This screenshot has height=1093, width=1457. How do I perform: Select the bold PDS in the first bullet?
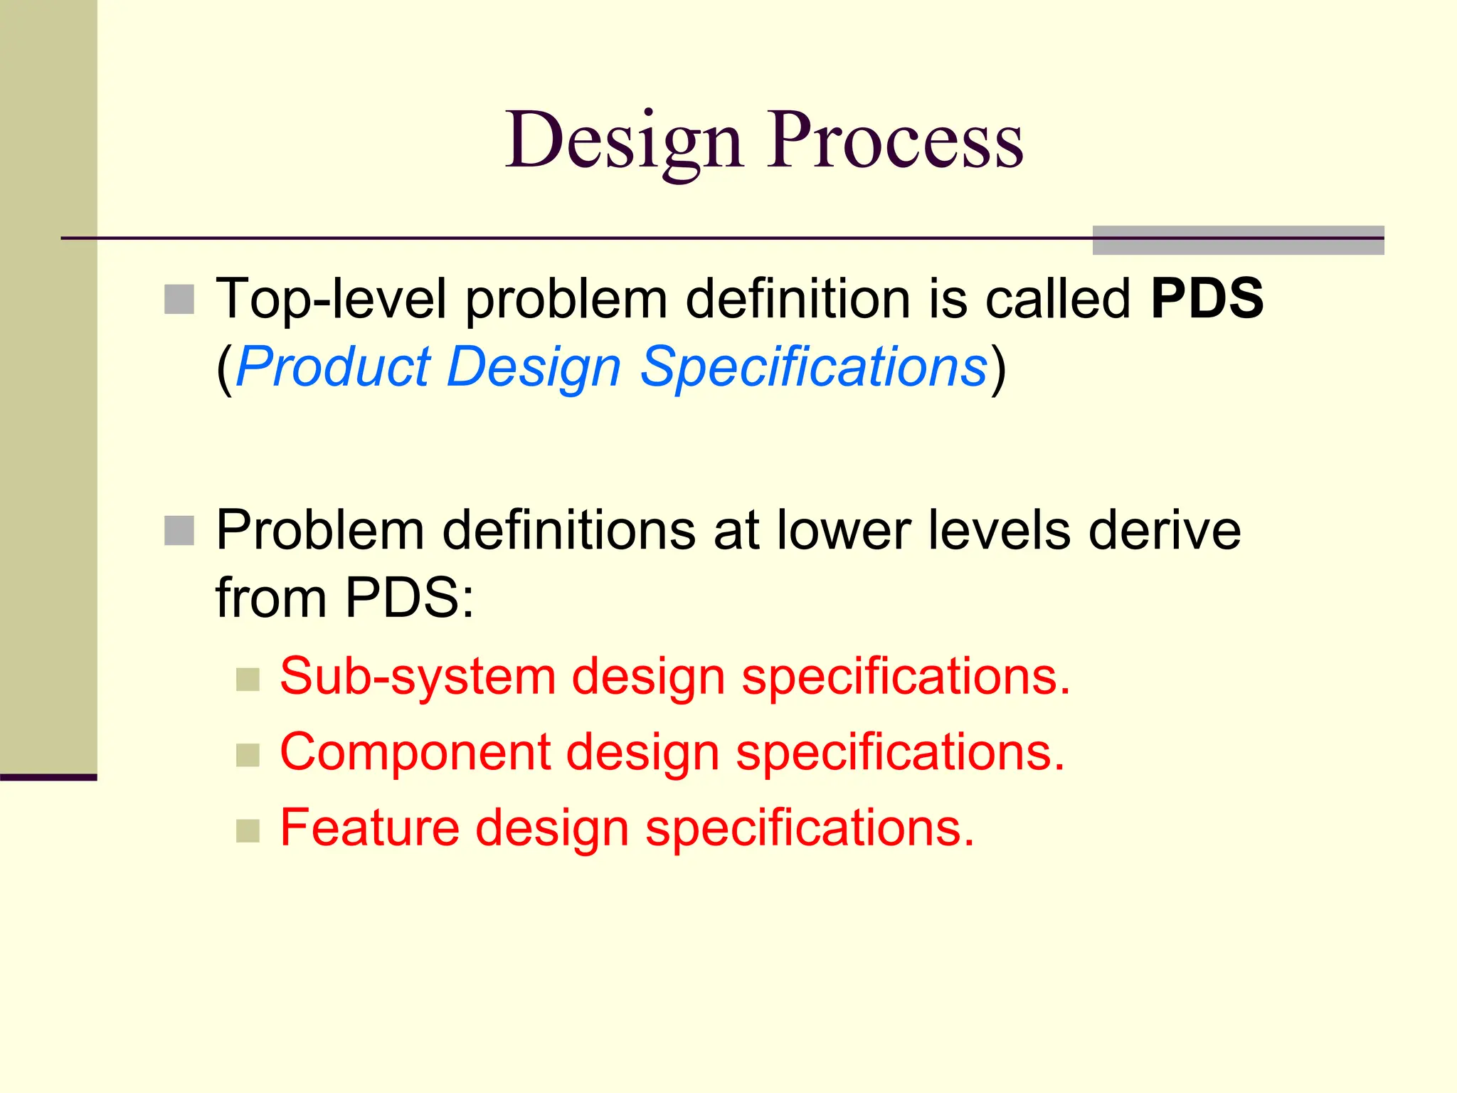(x=1207, y=298)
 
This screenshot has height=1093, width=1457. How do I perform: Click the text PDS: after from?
(x=410, y=598)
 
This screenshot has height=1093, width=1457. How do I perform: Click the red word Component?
(x=415, y=753)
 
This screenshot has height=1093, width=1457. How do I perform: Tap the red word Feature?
(x=369, y=828)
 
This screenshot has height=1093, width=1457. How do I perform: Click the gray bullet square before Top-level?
(x=179, y=299)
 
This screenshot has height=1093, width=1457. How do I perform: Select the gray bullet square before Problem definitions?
(x=179, y=531)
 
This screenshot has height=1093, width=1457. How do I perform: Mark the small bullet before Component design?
(x=248, y=755)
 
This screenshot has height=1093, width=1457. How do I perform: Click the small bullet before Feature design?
(x=248, y=830)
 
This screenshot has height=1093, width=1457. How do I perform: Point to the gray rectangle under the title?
(x=1238, y=241)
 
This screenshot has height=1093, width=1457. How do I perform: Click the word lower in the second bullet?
(x=844, y=530)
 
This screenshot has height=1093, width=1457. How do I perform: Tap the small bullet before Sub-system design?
(x=248, y=679)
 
